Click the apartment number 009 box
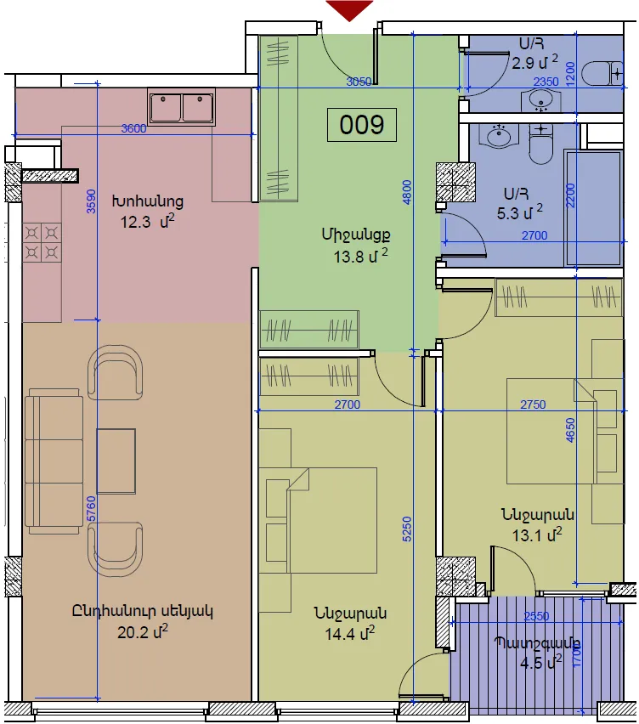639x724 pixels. point(361,125)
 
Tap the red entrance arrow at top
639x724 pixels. point(349,9)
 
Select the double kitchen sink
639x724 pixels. point(182,107)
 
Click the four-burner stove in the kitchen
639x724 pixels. point(42,242)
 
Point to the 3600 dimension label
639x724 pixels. point(133,128)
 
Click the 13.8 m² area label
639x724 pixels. point(360,256)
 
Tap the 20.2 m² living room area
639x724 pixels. point(142,631)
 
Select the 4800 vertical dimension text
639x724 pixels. point(407,193)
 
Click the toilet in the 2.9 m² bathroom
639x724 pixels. point(604,73)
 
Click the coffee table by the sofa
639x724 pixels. point(116,461)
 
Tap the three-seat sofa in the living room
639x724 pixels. point(54,461)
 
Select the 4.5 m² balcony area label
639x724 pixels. point(540,664)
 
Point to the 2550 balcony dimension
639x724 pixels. point(536,616)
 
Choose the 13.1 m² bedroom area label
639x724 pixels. point(537,535)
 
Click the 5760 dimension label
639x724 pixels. point(92,509)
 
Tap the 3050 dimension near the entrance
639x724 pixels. point(359,82)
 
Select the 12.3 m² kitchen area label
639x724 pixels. point(147,222)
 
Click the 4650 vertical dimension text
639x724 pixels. point(571,430)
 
